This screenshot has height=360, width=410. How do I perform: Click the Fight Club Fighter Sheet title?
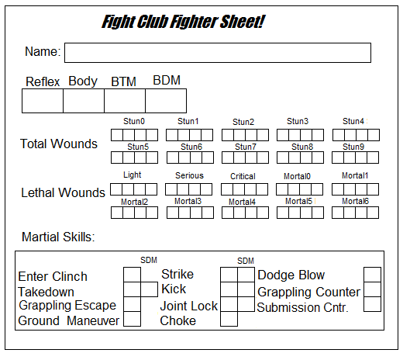click(x=184, y=22)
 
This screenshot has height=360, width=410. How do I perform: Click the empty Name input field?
click(x=217, y=53)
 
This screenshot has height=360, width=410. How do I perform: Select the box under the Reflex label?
click(x=42, y=101)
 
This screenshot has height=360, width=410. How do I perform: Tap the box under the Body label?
click(x=84, y=101)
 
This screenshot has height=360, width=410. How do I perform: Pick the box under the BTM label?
click(x=125, y=101)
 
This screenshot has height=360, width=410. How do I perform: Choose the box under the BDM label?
click(x=166, y=101)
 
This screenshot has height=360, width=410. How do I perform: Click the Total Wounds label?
click(x=59, y=144)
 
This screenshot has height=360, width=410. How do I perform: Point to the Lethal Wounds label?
click(x=63, y=192)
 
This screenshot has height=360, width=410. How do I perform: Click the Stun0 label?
click(x=134, y=121)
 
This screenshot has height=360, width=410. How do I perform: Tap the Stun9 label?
click(x=353, y=147)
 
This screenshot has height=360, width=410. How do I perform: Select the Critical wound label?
click(x=243, y=176)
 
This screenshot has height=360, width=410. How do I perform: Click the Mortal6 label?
click(x=356, y=201)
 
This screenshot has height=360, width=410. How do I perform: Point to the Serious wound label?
click(x=189, y=175)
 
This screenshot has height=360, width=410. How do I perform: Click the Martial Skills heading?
click(x=58, y=237)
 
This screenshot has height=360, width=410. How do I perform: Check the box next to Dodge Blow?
click(x=372, y=275)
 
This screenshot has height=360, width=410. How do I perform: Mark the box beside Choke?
click(x=229, y=319)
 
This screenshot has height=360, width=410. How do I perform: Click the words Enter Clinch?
click(x=53, y=277)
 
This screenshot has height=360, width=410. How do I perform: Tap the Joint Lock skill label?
click(x=188, y=306)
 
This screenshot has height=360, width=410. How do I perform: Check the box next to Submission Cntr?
click(x=372, y=306)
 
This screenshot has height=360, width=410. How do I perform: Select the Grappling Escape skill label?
click(x=67, y=305)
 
